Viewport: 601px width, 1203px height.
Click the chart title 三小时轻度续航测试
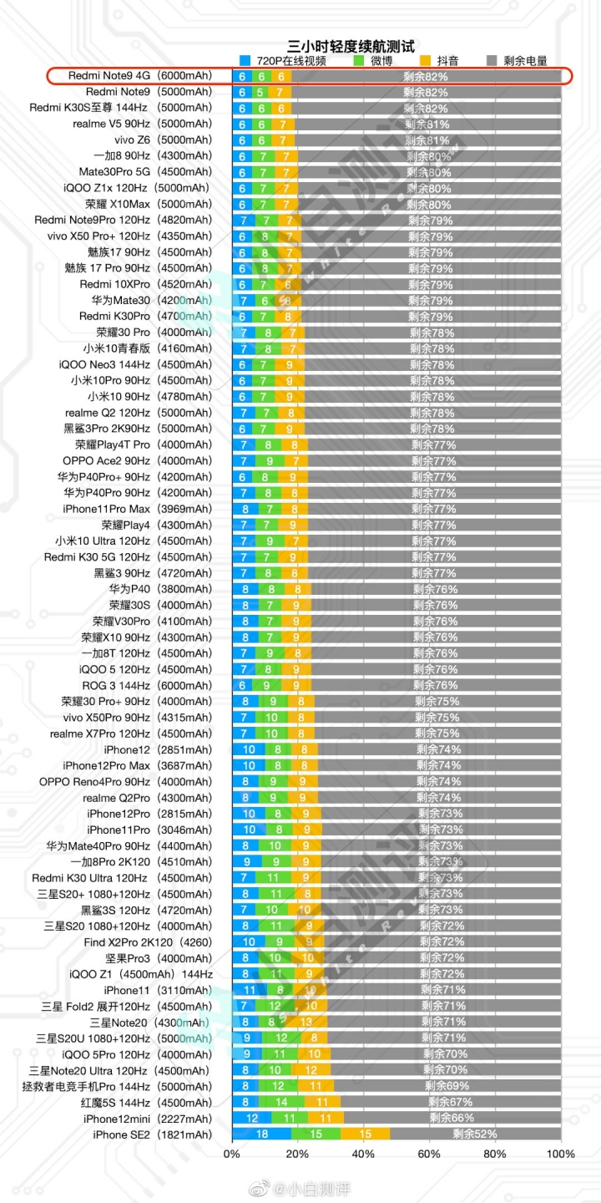pyautogui.click(x=351, y=47)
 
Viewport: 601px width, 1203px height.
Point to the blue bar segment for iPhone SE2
pyautogui.click(x=261, y=1134)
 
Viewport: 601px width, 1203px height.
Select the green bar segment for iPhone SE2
pyautogui.click(x=316, y=1134)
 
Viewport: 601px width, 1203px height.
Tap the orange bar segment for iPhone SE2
pyautogui.click(x=366, y=1134)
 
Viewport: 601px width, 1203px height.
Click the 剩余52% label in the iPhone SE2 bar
pyautogui.click(x=475, y=1134)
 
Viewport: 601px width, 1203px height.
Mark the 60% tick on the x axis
pyautogui.click(x=429, y=1155)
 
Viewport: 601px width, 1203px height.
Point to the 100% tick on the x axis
pyautogui.click(x=559, y=1155)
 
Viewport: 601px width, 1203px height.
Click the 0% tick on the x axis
pyautogui.click(x=232, y=1155)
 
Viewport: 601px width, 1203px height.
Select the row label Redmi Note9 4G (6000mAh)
pyautogui.click(x=140, y=76)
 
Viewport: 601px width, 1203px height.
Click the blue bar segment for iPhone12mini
pyautogui.click(x=251, y=1119)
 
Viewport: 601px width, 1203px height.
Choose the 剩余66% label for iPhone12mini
pyautogui.click(x=452, y=1119)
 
